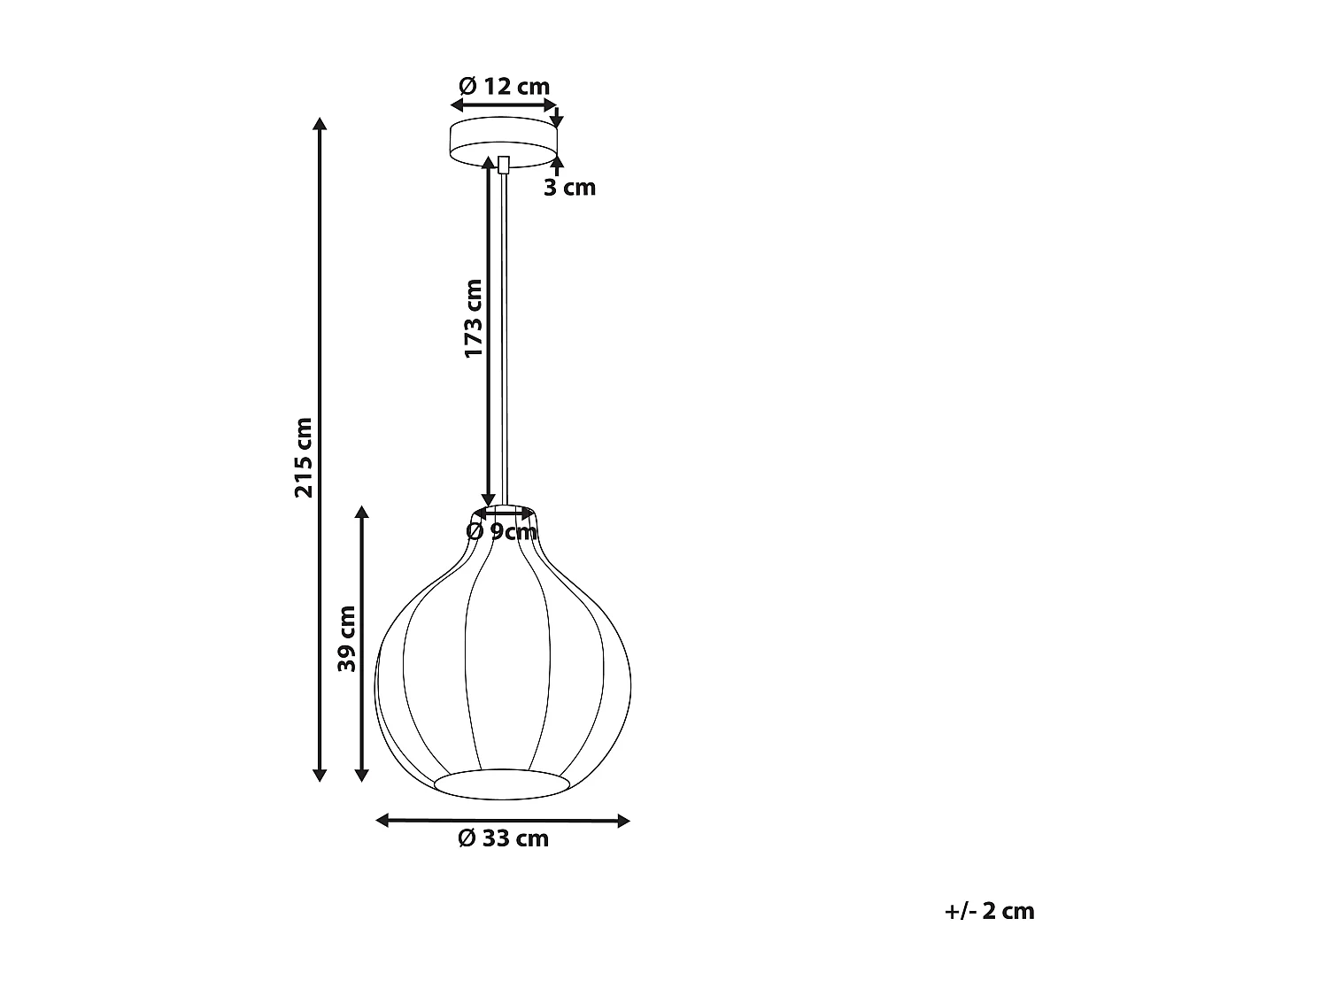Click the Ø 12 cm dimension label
coord(504,86)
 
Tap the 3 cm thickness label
coord(569,188)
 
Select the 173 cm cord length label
coord(474,319)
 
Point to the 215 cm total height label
coord(304,457)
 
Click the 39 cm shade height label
coord(346,638)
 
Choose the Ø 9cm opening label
coord(502,531)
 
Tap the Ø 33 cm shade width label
coord(503,838)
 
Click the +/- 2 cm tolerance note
coord(989,911)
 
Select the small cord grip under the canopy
coord(504,165)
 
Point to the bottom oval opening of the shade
coord(502,783)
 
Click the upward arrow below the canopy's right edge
coord(557,161)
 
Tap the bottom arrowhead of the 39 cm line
coord(361,776)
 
